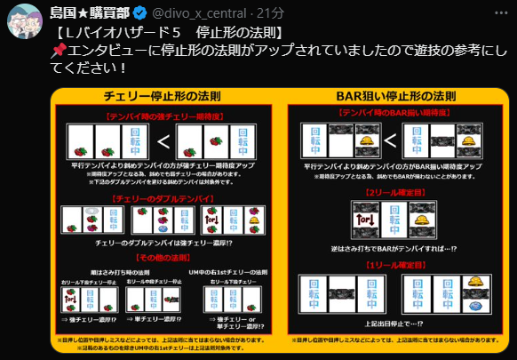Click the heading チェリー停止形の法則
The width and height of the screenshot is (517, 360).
pos(162,96)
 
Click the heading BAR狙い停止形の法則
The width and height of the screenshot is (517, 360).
pos(397,96)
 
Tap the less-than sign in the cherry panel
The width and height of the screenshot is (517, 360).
pos(164,142)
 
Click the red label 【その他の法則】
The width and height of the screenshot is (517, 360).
pos(162,257)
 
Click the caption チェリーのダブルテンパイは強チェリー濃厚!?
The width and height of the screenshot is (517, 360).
pos(162,244)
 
